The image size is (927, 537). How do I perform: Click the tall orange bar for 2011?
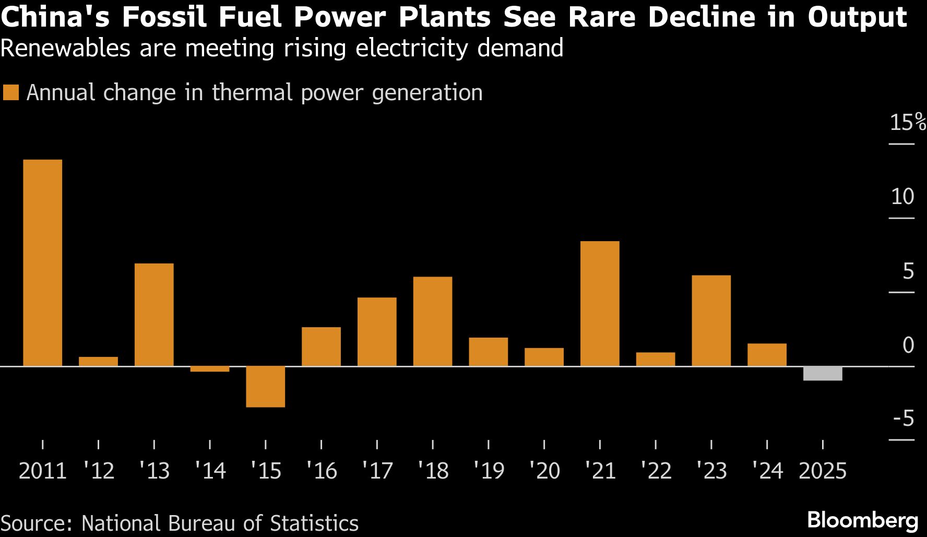tap(42, 262)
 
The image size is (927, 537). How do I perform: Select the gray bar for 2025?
tap(822, 374)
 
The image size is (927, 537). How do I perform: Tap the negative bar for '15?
tap(265, 387)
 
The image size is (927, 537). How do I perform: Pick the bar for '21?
tap(600, 304)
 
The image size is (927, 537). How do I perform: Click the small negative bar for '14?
tap(210, 369)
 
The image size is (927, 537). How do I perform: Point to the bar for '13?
tap(154, 315)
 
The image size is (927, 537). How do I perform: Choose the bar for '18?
tap(433, 321)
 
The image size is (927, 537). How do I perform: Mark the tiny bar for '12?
tap(98, 361)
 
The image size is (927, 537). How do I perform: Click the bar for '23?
tap(711, 320)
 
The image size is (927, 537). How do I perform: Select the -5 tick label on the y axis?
tap(904, 419)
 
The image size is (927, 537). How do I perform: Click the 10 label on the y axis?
tap(902, 197)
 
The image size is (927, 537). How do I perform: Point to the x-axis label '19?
tap(489, 471)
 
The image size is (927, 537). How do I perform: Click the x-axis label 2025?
tap(823, 471)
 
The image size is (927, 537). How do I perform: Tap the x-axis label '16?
tap(322, 471)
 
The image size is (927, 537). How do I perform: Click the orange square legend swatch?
tap(11, 93)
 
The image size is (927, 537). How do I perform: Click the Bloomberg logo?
tap(862, 520)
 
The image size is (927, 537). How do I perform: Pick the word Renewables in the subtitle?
tap(65, 48)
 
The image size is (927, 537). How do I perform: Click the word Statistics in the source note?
tap(314, 523)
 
